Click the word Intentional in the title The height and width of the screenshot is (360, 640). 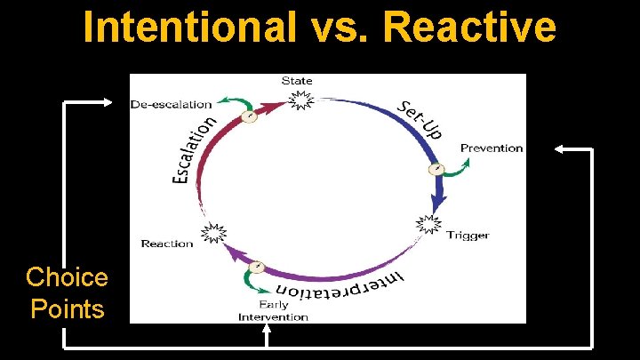click(189, 28)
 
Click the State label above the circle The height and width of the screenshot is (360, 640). click(297, 81)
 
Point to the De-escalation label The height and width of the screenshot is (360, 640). click(171, 104)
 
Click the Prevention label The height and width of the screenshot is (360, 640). click(491, 148)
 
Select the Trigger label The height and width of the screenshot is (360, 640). click(467, 236)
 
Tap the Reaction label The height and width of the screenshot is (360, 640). click(166, 244)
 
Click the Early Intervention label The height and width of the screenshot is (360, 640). click(273, 311)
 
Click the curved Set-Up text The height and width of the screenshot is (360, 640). click(420, 118)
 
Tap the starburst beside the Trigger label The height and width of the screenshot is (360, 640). click(429, 226)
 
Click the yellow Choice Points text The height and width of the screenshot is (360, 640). click(67, 292)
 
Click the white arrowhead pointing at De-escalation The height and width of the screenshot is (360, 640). click(108, 103)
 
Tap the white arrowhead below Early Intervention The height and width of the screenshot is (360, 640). click(268, 330)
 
